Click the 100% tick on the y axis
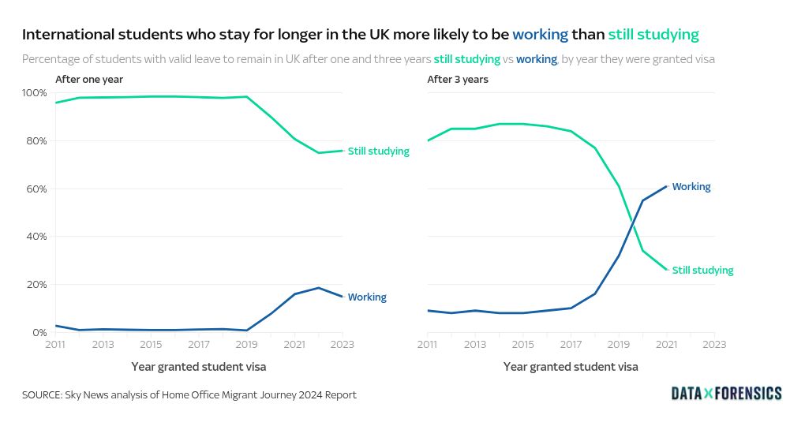36,93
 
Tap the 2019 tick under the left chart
247,345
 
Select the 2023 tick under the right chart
714,345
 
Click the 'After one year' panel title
89,80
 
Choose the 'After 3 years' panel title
458,80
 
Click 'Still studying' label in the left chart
379,151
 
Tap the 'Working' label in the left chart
367,297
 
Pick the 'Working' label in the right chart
691,187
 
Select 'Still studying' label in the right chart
702,271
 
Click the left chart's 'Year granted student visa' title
198,367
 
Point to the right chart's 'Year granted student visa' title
571,367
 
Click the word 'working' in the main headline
540,35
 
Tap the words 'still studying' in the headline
653,35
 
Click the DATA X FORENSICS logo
726,393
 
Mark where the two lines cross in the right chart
634,227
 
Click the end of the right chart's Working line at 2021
667,186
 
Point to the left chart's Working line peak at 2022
319,288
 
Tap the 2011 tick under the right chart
428,345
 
